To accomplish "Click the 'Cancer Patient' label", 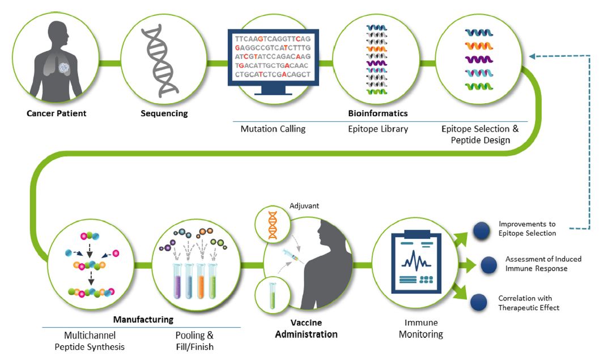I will click(57, 113).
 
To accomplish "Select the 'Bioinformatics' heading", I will click(377, 113).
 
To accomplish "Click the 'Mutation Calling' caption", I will click(273, 129).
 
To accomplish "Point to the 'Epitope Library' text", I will click(378, 129).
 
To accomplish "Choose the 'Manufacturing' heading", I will click(143, 320).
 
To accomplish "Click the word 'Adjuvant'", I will click(305, 205).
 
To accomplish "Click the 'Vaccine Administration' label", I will click(306, 328).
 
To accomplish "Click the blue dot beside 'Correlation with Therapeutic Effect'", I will click(479, 302).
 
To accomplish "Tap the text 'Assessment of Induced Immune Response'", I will click(543, 264).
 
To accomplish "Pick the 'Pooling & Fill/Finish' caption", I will click(194, 341).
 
